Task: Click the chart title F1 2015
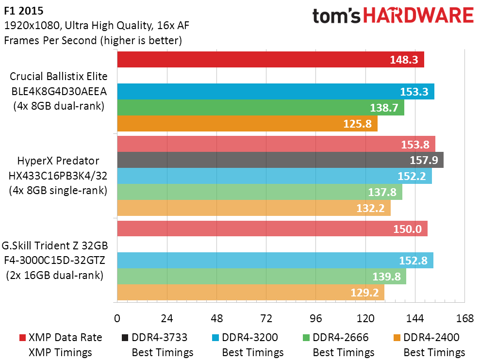click(24, 11)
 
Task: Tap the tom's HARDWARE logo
click(393, 16)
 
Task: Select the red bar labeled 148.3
click(271, 59)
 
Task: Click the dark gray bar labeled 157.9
click(281, 160)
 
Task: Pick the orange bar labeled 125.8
click(248, 123)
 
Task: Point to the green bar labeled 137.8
click(260, 192)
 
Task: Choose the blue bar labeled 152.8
click(275, 260)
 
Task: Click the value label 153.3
click(414, 92)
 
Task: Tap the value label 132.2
click(370, 208)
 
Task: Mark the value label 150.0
click(408, 229)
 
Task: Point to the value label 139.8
click(386, 277)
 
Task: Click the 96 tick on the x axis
click(316, 319)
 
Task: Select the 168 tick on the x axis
click(464, 319)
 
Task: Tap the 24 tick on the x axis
click(167, 319)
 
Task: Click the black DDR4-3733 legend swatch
click(125, 338)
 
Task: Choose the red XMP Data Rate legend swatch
click(22, 338)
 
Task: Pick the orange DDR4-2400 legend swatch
click(397, 338)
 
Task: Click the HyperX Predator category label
click(58, 161)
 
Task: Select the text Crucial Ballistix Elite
click(58, 76)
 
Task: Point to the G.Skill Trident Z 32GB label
click(55, 245)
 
